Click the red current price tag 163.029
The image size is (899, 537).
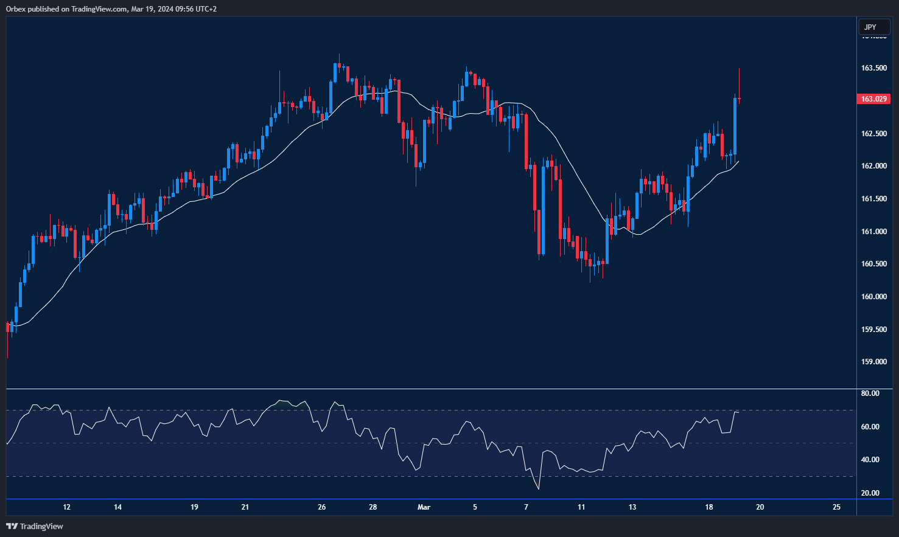873,99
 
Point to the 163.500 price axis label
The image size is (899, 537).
873,68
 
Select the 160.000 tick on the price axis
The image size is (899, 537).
873,297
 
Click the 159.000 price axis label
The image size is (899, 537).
873,362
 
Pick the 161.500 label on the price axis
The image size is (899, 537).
873,199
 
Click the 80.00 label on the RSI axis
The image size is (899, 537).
870,393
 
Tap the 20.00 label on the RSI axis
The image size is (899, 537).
870,493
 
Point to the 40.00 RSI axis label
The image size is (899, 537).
870,460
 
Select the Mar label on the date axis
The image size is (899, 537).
424,507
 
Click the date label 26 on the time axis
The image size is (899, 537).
322,507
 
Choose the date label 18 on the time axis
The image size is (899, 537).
708,507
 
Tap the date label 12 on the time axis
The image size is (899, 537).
67,507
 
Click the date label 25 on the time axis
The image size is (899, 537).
836,507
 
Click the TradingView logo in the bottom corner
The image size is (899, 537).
35,526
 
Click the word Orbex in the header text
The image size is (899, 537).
16,9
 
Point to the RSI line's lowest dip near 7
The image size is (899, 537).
539,488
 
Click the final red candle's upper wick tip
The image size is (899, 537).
739,69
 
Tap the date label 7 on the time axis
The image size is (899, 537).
526,507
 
